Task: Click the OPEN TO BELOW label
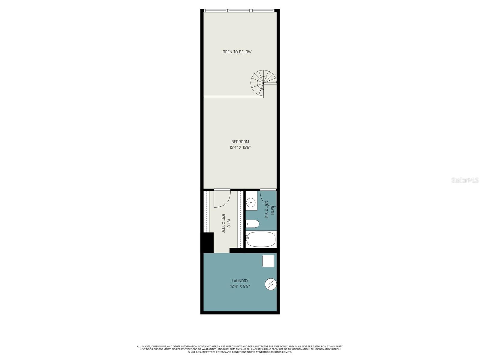pos(237,52)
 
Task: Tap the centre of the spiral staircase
pos(263,83)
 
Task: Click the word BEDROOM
pos(240,142)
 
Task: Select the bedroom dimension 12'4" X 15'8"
pos(240,147)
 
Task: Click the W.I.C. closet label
pos(229,224)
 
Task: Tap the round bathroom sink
pos(250,203)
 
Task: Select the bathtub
pos(261,239)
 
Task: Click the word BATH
pos(272,210)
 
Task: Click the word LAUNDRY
pos(240,281)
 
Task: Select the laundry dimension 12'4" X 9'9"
pos(240,286)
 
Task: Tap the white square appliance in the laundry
pos(268,261)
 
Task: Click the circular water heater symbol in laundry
pos(271,284)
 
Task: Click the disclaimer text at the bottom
pos(240,349)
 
